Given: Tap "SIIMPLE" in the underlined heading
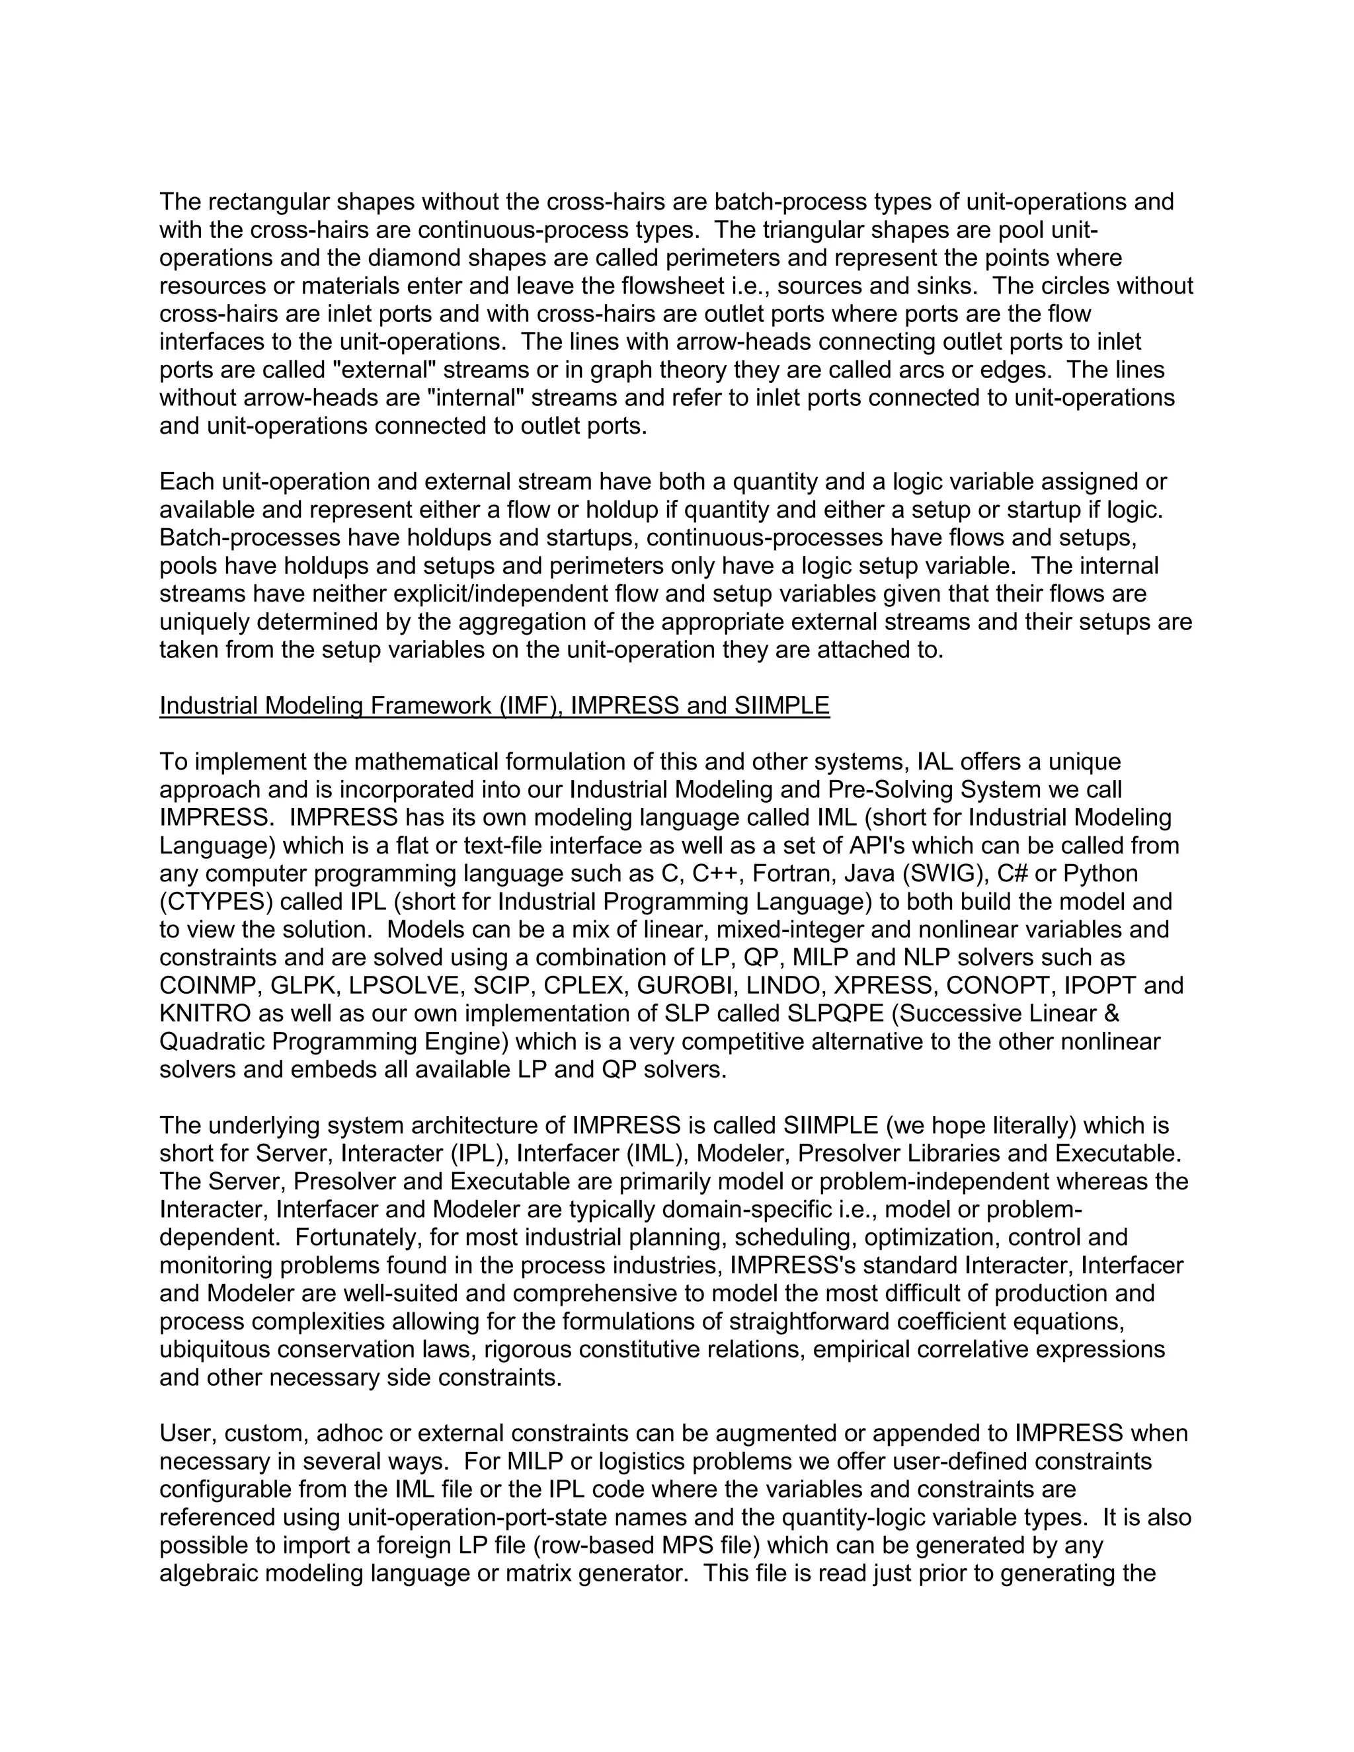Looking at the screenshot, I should tap(781, 706).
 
